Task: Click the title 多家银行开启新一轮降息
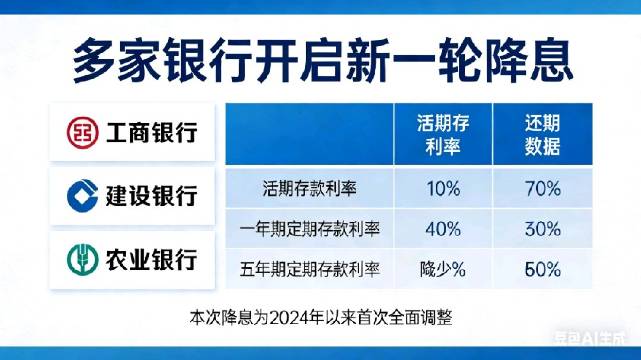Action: click(320, 61)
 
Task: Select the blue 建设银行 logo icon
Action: click(82, 194)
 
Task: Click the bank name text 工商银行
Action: click(149, 132)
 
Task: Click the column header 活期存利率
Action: click(443, 135)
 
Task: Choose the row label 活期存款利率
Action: click(310, 188)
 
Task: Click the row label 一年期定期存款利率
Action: click(310, 228)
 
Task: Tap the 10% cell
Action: click(443, 188)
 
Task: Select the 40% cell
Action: click(443, 228)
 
